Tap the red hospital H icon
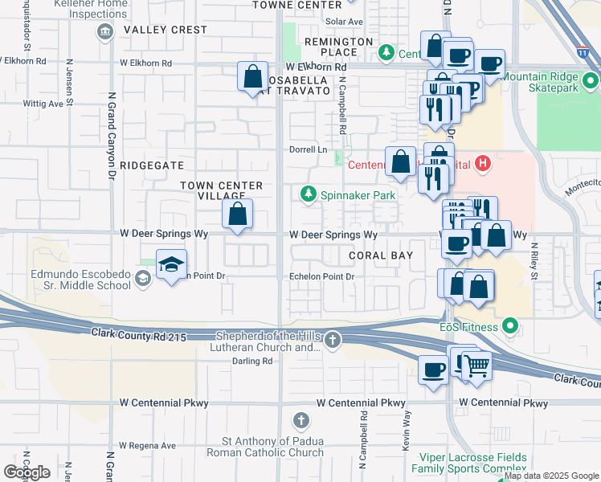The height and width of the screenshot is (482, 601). click(482, 165)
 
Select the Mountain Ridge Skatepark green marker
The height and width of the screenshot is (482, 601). click(591, 82)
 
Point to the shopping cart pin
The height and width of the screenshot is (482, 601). click(477, 365)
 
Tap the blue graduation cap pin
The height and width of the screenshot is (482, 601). click(171, 264)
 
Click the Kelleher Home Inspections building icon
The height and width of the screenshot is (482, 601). click(104, 31)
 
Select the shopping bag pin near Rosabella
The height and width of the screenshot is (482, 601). click(253, 77)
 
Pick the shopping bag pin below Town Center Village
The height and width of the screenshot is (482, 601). click(237, 214)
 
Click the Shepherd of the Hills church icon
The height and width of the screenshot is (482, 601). click(333, 341)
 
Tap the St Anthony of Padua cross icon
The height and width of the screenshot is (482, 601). click(301, 420)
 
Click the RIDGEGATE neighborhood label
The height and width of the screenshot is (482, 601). click(152, 165)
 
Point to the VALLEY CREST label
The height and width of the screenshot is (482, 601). click(166, 30)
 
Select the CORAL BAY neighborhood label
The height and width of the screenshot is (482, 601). click(381, 255)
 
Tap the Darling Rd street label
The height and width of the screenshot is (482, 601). click(252, 361)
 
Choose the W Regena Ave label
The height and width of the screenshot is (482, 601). click(148, 445)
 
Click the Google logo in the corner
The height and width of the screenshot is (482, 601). click(27, 472)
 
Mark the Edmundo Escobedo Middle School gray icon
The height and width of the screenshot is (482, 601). click(142, 279)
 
